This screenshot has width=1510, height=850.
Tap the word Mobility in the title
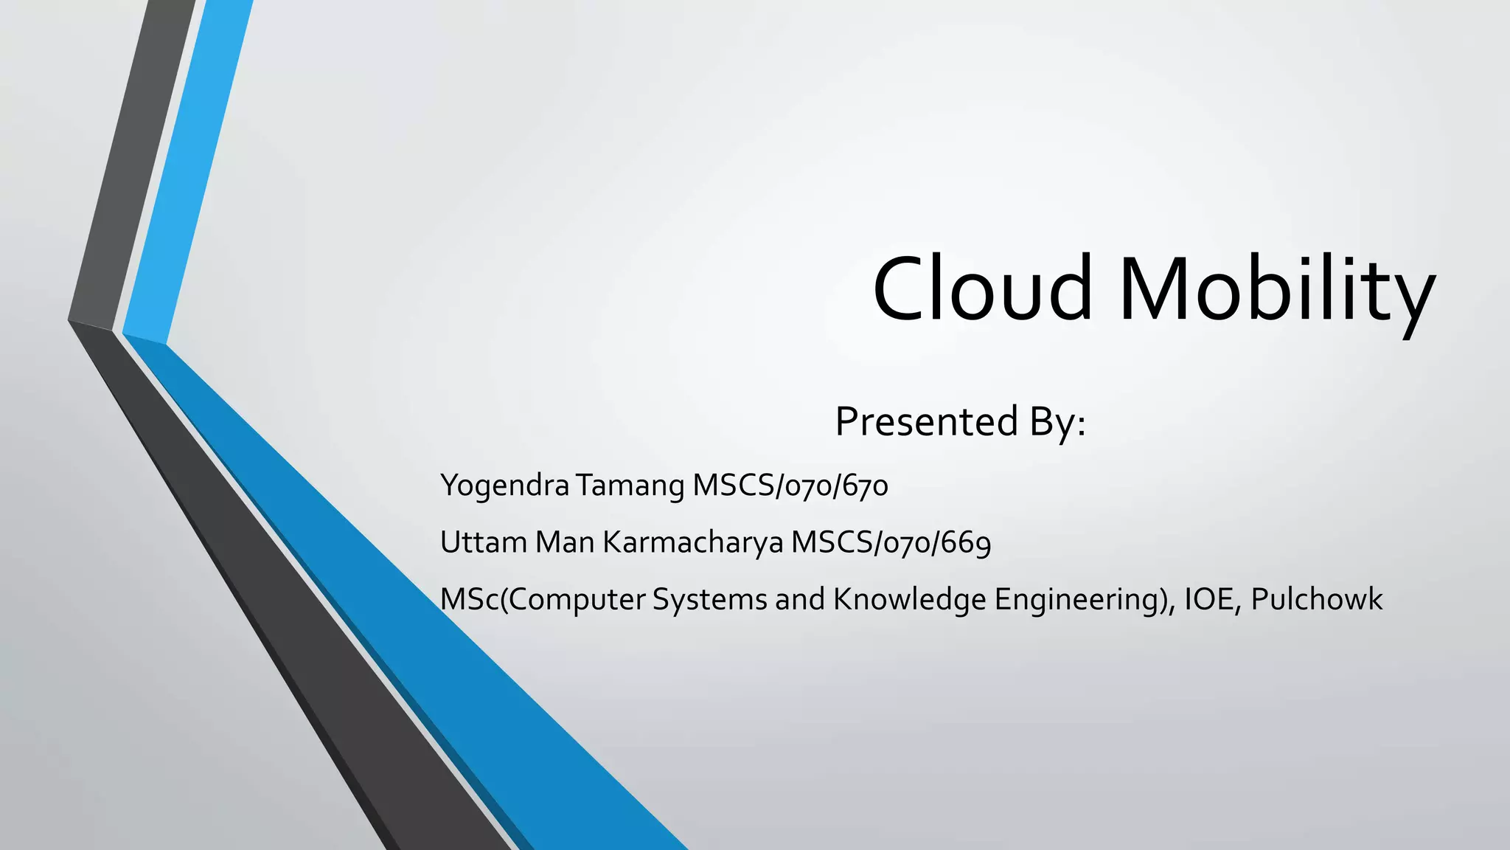tap(1278, 290)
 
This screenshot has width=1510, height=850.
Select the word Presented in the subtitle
tap(926, 422)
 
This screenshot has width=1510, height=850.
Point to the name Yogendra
tap(504, 486)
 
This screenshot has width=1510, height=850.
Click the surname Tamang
tap(630, 486)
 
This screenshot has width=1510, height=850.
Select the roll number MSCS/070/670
tap(790, 486)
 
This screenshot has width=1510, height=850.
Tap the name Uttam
tap(483, 542)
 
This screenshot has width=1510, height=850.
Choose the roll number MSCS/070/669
tap(891, 543)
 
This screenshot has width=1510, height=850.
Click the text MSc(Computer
tap(543, 599)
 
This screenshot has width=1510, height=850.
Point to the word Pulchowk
tap(1316, 599)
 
